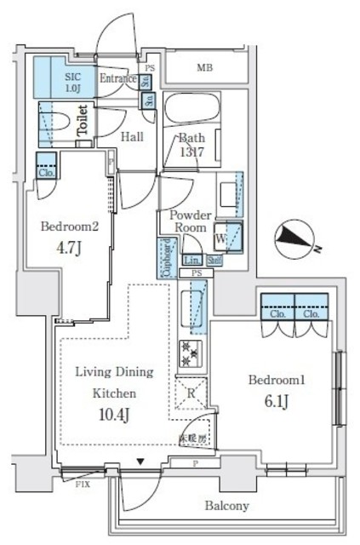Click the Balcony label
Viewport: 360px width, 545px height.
click(226, 506)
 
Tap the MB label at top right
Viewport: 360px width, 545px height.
click(206, 67)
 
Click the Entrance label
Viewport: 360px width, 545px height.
click(119, 79)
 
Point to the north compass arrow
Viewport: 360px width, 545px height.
click(294, 238)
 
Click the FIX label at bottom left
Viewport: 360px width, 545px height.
click(83, 485)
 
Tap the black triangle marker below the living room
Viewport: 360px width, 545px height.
click(142, 462)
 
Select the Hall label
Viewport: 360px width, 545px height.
click(130, 135)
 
